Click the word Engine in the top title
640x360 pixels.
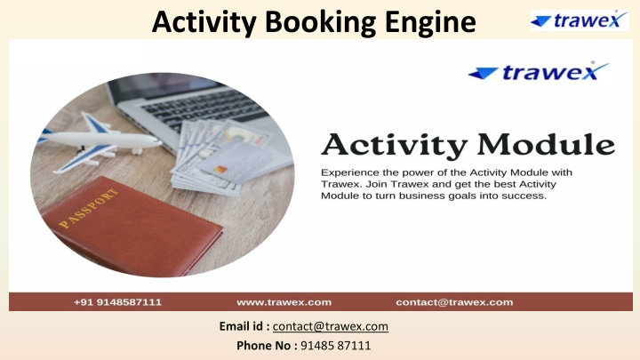(x=430, y=23)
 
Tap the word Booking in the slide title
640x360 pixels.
(x=320, y=23)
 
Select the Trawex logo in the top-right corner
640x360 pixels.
(x=580, y=20)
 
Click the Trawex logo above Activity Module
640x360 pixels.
(x=539, y=71)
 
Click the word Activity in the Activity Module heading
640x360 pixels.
(x=394, y=146)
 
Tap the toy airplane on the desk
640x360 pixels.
(x=100, y=141)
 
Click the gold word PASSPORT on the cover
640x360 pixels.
(x=89, y=208)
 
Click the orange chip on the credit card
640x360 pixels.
(x=220, y=169)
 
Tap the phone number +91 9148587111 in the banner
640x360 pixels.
(x=117, y=302)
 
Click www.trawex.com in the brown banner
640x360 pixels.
(x=284, y=302)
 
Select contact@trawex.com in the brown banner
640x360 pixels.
(x=454, y=302)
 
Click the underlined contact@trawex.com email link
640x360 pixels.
(x=330, y=326)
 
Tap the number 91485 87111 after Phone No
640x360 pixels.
(x=335, y=346)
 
